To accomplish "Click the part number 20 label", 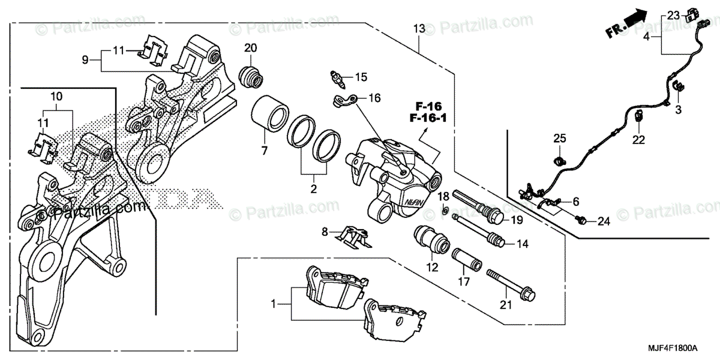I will (251, 48).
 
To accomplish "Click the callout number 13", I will (418, 28).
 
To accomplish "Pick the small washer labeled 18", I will (444, 209).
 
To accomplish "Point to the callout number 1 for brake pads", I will (274, 305).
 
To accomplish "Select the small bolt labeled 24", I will (581, 221).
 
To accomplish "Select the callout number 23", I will (672, 15).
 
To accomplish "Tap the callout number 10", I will (56, 97).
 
